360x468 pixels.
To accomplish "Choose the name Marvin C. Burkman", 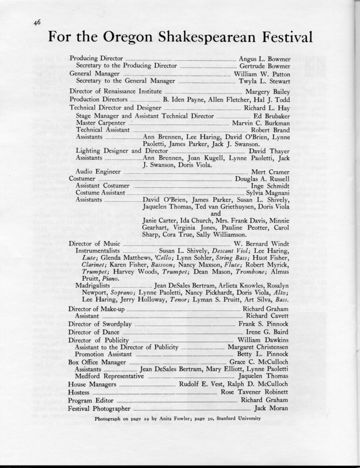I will (x=264, y=124).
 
